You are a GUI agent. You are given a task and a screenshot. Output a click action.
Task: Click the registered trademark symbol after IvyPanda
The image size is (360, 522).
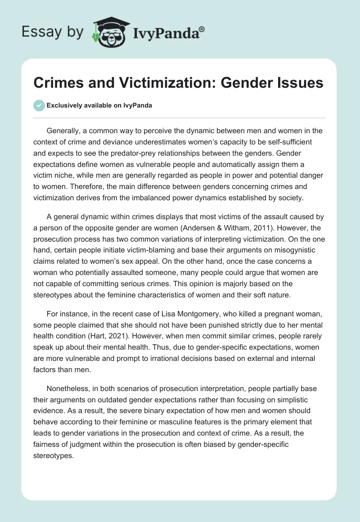click(x=202, y=29)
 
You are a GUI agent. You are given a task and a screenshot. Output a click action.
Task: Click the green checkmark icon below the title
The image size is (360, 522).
click(x=39, y=106)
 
